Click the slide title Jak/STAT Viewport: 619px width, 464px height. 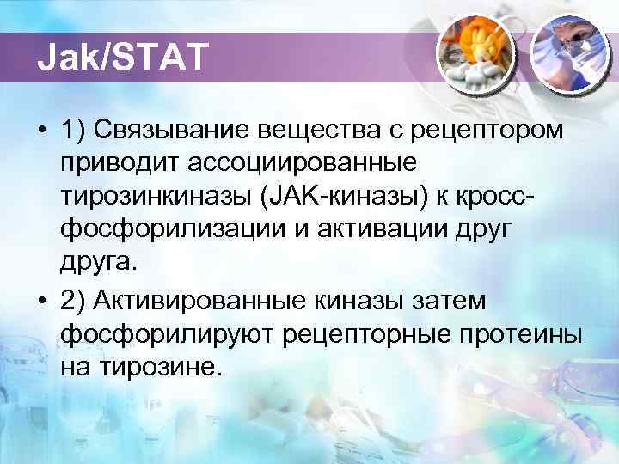point(122,58)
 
